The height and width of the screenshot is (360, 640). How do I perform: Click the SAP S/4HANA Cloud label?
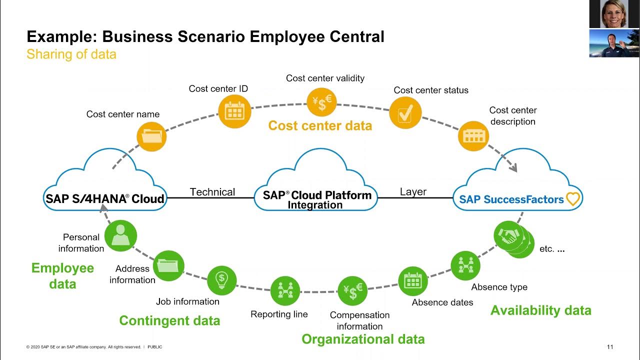coord(105,198)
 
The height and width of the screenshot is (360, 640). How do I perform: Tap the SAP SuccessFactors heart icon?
coord(573,199)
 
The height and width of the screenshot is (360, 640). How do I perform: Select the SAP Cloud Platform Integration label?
coord(317,199)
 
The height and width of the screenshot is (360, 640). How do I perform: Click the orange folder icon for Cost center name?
coord(151,136)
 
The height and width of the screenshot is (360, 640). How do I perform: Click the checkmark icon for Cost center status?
coord(405,112)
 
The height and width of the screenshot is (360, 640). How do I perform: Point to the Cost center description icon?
coord(473,136)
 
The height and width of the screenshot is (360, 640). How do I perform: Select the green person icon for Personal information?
coord(120,235)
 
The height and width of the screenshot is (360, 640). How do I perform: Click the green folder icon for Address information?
coord(168,266)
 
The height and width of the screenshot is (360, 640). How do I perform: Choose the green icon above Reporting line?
coord(285,291)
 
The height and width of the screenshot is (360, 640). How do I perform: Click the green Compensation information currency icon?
coord(352,291)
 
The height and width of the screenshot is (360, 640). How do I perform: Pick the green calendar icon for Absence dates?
coord(413,281)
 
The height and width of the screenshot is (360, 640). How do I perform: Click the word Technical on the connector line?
coord(212,192)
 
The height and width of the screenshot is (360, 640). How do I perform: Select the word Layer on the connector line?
coord(413,192)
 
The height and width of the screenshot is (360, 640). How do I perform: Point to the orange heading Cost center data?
coord(320,125)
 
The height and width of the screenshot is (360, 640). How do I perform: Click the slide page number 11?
coord(610,347)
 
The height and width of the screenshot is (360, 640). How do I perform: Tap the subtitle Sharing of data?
coord(71,54)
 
